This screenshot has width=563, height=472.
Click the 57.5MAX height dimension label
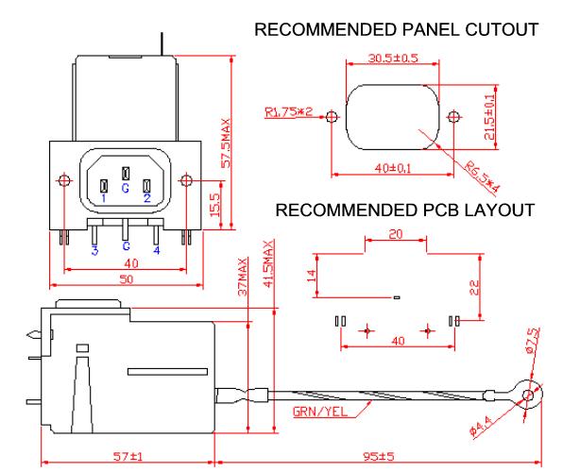click(226, 143)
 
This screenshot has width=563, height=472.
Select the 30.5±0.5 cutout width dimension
click(393, 59)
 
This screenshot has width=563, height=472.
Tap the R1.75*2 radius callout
click(289, 112)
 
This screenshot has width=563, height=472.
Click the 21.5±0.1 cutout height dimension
click(489, 117)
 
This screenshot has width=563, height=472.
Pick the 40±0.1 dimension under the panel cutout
click(393, 168)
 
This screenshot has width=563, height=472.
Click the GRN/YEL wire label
click(320, 412)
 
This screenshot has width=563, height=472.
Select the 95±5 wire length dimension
click(379, 456)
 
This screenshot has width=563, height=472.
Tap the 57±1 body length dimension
click(128, 456)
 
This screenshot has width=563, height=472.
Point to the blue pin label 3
click(94, 250)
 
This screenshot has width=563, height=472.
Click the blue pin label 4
click(157, 250)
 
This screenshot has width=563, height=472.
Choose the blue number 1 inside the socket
click(104, 198)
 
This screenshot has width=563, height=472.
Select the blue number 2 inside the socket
click(147, 198)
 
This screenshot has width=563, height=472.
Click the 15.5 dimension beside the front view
click(214, 205)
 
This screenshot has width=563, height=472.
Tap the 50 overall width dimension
click(126, 279)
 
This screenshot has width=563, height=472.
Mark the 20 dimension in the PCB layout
click(396, 234)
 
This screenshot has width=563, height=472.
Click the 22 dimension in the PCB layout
click(474, 288)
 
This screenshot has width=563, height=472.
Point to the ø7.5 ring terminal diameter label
click(533, 340)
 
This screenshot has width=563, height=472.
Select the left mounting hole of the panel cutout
click(333, 117)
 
